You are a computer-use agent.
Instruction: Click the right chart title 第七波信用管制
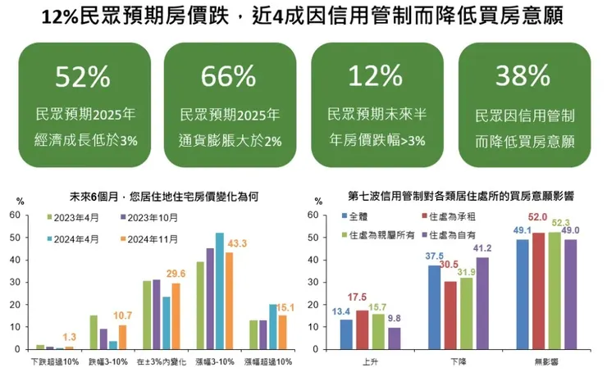(x=460, y=197)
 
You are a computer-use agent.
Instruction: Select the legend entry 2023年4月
(x=75, y=218)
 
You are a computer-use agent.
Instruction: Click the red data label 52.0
(x=538, y=217)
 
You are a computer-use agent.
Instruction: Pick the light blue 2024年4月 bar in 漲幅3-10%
(x=219, y=292)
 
